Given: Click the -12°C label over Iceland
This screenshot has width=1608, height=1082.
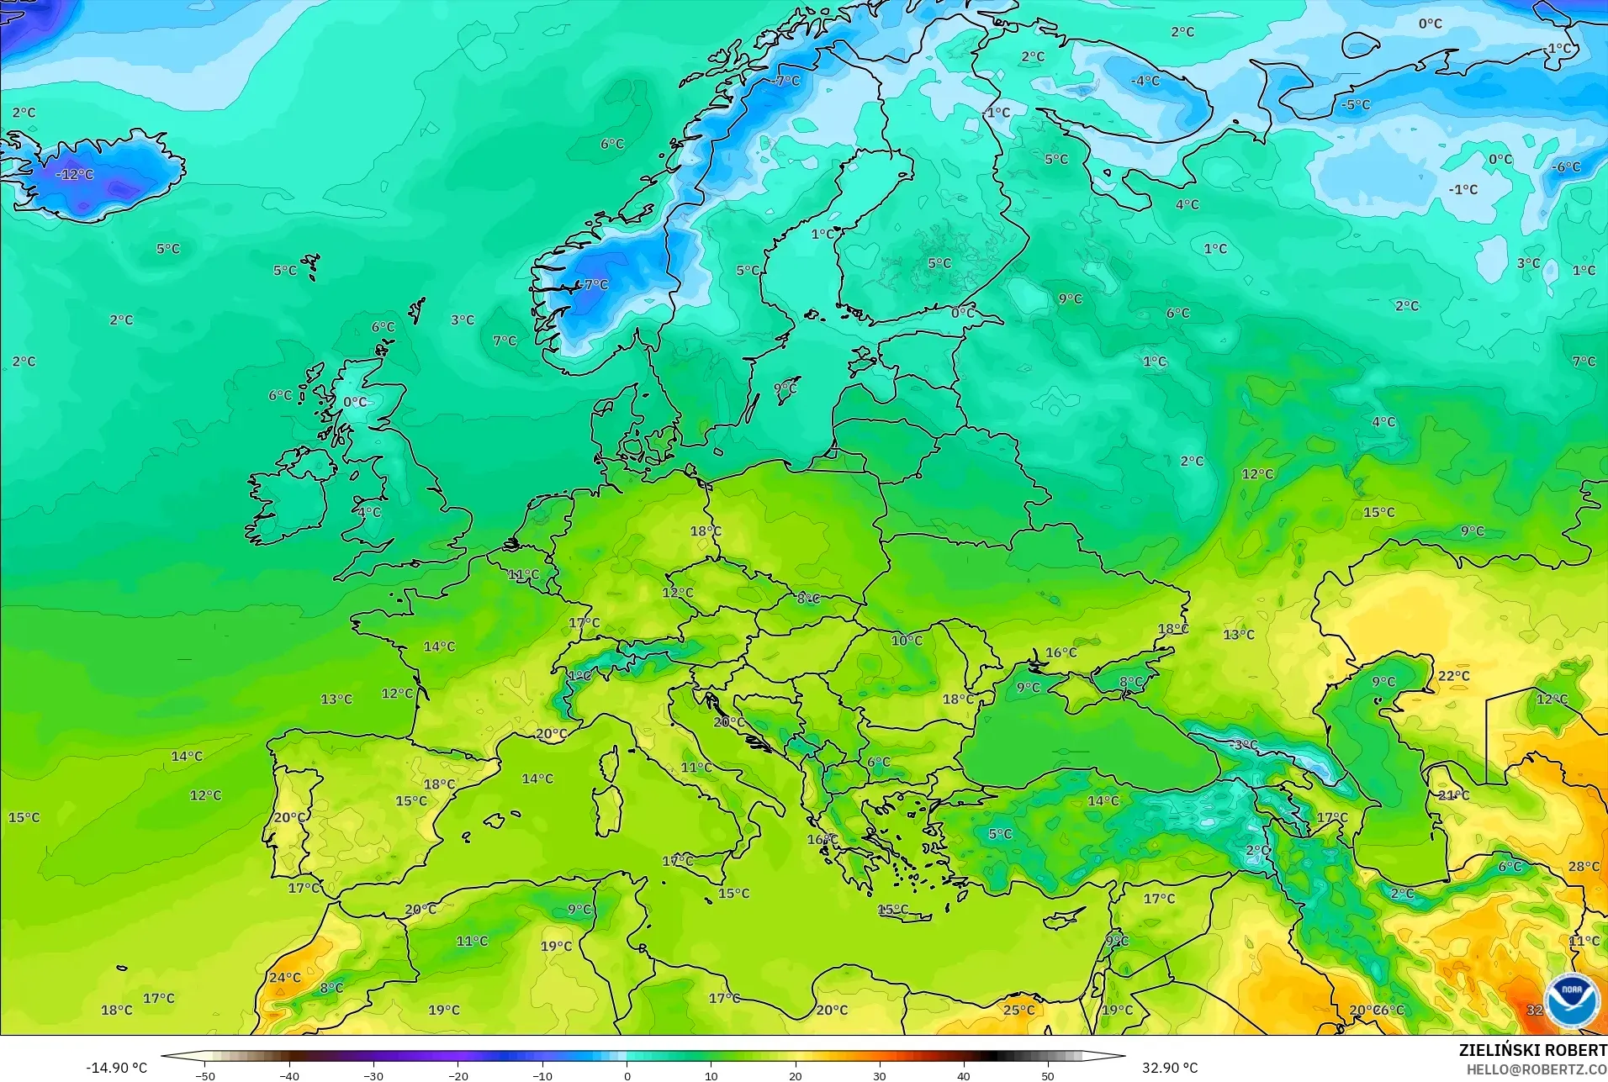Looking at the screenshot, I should click(75, 175).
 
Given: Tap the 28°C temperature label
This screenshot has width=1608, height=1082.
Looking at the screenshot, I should click(1584, 867).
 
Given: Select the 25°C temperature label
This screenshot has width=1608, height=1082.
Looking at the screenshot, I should click(1018, 1010).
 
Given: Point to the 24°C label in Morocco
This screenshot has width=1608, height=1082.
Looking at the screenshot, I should click(284, 978).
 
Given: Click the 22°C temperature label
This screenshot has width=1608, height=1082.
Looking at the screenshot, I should click(1453, 676).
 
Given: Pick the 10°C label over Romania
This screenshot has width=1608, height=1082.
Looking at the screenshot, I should click(907, 641).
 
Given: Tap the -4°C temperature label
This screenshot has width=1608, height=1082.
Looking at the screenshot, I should click(1145, 81).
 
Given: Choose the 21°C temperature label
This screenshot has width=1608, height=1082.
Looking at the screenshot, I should click(1453, 795).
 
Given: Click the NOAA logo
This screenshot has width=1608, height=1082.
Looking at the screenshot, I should click(1571, 1000).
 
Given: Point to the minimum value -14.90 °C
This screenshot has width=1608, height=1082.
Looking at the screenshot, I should click(116, 1068).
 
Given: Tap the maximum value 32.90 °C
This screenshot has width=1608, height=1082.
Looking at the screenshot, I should click(1169, 1068).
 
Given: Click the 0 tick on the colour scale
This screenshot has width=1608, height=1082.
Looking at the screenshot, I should click(627, 1075).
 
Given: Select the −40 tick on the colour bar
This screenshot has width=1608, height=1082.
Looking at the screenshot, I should click(289, 1075).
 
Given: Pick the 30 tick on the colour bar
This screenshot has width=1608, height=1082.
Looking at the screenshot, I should click(879, 1075).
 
